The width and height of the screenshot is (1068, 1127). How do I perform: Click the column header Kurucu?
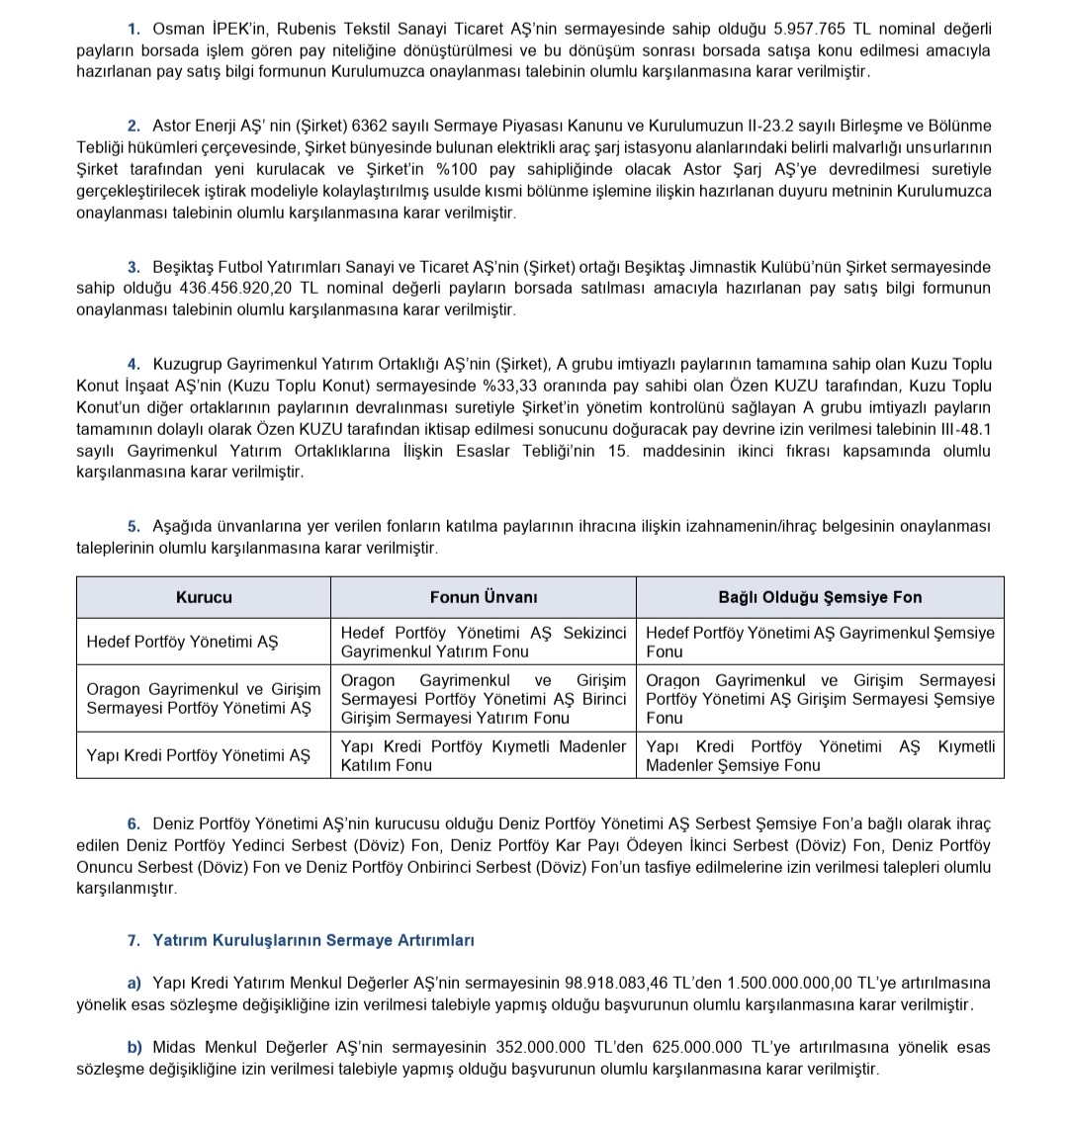(x=204, y=597)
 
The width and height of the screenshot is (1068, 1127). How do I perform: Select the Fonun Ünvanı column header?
(x=484, y=597)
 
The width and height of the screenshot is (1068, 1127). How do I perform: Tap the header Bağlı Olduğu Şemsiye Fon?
(x=820, y=597)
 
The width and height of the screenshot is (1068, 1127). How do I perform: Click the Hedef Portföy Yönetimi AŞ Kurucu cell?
(x=183, y=642)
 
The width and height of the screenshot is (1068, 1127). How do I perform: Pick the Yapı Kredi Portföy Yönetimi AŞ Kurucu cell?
(x=198, y=755)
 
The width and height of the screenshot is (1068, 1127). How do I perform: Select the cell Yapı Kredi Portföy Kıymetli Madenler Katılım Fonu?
(x=484, y=755)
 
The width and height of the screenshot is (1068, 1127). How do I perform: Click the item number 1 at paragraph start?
(x=133, y=30)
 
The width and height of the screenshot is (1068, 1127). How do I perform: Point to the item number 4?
(x=133, y=364)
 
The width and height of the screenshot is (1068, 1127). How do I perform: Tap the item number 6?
(x=133, y=824)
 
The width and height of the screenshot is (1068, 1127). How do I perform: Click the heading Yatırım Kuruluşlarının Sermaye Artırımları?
(x=313, y=940)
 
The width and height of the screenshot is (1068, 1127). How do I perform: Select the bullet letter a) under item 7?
(x=134, y=983)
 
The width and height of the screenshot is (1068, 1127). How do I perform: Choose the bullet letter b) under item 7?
(x=134, y=1047)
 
